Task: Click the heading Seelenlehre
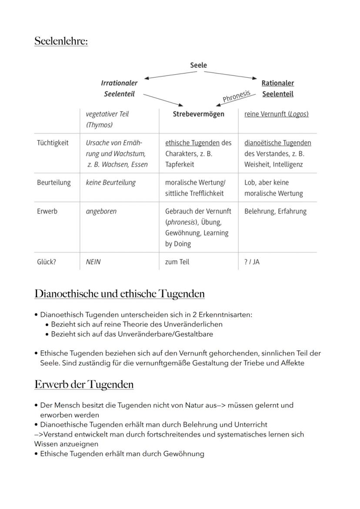(x=61, y=41)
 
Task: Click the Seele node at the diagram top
(x=198, y=65)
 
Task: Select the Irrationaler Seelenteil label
(x=119, y=88)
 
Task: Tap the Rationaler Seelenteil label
(x=277, y=88)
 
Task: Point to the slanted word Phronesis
(x=237, y=96)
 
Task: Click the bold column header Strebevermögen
(x=198, y=114)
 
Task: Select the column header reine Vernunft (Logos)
(x=276, y=114)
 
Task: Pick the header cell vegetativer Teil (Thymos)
(x=107, y=119)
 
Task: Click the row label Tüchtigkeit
(x=53, y=143)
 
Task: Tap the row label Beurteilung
(x=53, y=183)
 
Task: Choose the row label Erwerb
(x=47, y=211)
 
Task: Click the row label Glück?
(x=47, y=262)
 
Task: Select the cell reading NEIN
(x=93, y=262)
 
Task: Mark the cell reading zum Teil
(x=177, y=262)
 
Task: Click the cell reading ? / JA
(x=252, y=262)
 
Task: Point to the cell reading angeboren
(x=101, y=211)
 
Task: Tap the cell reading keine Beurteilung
(x=110, y=183)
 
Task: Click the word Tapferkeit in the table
(x=180, y=164)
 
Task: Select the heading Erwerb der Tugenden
(x=84, y=385)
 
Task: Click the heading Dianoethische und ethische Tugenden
(x=120, y=294)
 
